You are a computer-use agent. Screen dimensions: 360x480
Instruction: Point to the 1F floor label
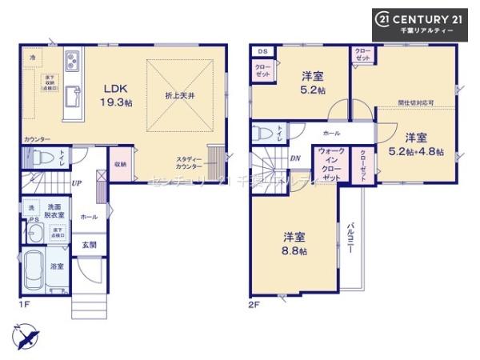[x=25, y=305]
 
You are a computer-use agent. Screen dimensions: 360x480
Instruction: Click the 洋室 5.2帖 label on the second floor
[x=313, y=82]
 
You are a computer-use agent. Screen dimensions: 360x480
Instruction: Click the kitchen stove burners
[x=71, y=60]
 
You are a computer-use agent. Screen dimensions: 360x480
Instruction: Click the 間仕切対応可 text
[x=417, y=104]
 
